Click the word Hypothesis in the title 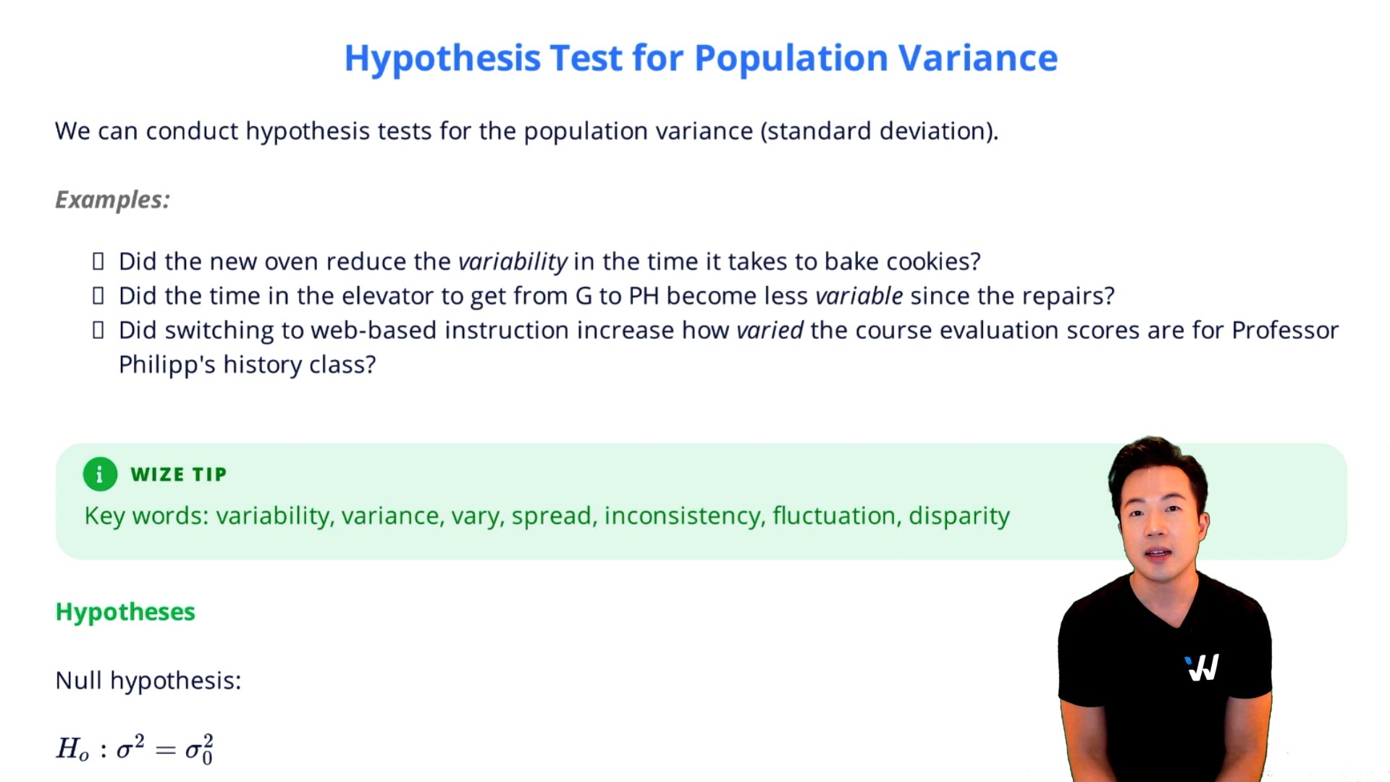[x=442, y=58]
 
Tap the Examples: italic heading [x=112, y=200]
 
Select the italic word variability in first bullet [x=513, y=261]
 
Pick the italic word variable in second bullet [x=859, y=296]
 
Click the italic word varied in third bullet [x=769, y=330]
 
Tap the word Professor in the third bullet [x=1284, y=330]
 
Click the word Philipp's [x=167, y=365]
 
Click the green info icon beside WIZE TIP [x=100, y=474]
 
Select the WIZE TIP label [x=178, y=474]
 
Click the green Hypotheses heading [x=125, y=612]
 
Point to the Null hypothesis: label [x=148, y=681]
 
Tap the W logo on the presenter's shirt [x=1202, y=668]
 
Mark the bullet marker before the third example [x=98, y=330]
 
